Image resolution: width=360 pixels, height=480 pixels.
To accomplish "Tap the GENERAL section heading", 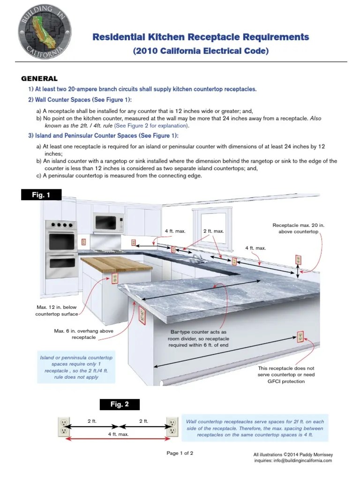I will coord(40,79).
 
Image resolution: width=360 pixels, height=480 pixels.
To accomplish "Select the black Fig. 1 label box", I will coord(41,194).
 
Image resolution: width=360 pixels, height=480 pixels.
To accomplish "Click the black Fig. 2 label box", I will coord(120,404).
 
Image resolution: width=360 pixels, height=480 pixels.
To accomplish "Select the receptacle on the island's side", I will coord(114,279).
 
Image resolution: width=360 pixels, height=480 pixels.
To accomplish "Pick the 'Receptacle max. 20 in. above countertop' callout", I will coord(299,229).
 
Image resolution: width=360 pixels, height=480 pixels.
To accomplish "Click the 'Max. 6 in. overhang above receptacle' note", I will coord(83,334).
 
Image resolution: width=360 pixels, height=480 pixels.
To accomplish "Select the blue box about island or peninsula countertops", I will coord(76,367).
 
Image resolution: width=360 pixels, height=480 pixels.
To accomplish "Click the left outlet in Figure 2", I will coord(62,427).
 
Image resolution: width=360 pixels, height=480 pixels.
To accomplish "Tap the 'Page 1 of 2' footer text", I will coord(180,453).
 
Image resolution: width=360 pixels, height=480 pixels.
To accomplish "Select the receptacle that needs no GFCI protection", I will coord(300,336).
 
